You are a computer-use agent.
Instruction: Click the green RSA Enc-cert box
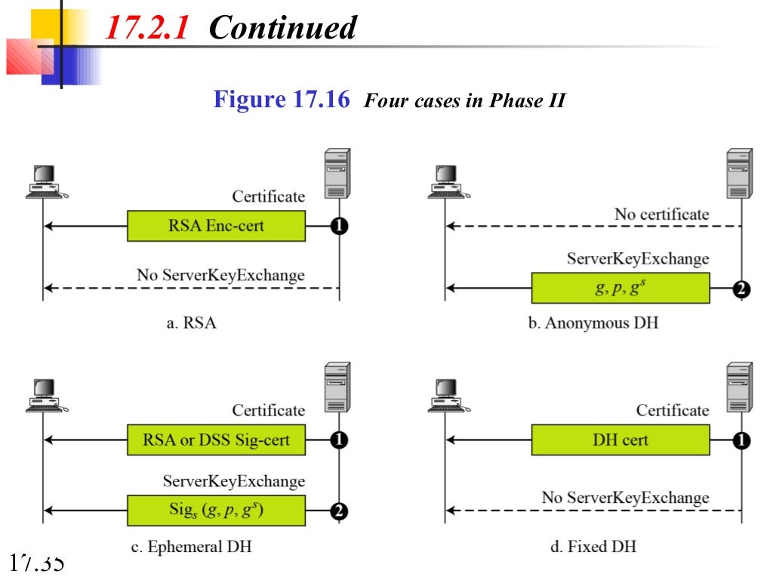(x=216, y=226)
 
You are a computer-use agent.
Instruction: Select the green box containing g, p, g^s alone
(x=621, y=288)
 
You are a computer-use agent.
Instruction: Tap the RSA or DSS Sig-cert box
(x=216, y=440)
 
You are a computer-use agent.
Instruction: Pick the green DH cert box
(x=621, y=440)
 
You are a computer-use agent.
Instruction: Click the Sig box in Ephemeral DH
(x=216, y=510)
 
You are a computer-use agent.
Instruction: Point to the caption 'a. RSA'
(x=190, y=322)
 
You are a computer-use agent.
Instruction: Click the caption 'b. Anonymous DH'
(x=593, y=322)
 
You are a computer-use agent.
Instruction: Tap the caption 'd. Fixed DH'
(x=593, y=546)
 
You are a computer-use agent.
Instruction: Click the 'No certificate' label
(x=661, y=214)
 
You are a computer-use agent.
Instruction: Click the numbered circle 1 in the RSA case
(x=339, y=226)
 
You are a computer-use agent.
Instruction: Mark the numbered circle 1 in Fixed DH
(x=742, y=440)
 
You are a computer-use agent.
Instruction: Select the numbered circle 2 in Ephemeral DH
(x=339, y=511)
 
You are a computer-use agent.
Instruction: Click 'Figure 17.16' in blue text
(x=282, y=99)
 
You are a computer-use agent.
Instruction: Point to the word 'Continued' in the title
(x=282, y=29)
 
